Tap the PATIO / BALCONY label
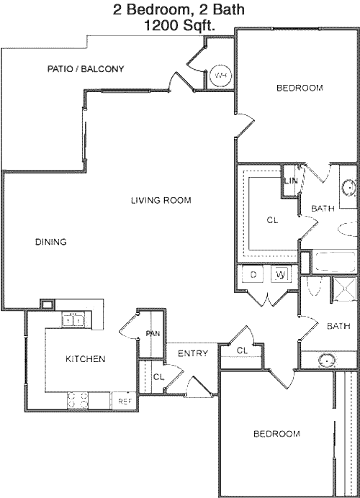(86, 69)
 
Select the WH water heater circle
(220, 75)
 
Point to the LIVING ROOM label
(161, 200)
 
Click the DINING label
(50, 242)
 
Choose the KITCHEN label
(86, 358)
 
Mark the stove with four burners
(78, 401)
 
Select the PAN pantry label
(153, 334)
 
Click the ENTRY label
(192, 353)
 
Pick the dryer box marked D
(253, 275)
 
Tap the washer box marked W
(280, 275)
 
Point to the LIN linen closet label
(291, 181)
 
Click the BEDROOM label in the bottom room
(276, 434)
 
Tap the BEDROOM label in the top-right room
(300, 88)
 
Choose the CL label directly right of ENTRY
(242, 350)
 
